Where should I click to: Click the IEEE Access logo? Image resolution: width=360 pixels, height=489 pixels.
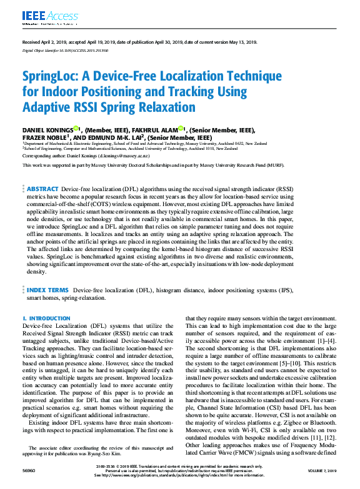click(42, 14)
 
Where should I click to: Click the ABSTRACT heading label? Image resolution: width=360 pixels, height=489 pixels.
click(42, 189)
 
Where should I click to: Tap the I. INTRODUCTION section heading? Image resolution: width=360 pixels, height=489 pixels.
click(46, 318)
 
